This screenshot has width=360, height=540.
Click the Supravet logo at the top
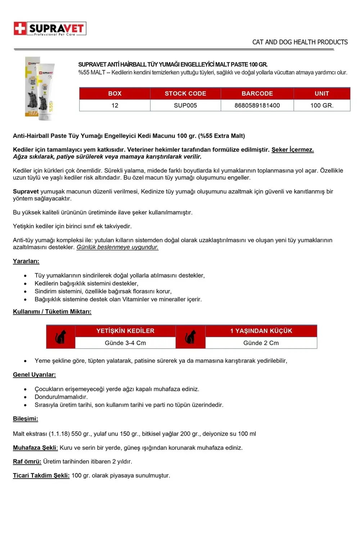pos(50,28)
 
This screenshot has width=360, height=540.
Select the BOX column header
pos(115,94)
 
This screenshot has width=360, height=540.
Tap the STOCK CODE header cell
pos(185,94)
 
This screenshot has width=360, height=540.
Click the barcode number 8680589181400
pos(257,105)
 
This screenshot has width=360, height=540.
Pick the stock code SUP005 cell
pos(185,105)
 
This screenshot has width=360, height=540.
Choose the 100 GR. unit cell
pos(322,105)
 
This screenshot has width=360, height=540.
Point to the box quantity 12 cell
pos(115,105)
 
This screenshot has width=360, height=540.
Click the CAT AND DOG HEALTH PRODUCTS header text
pos(300,42)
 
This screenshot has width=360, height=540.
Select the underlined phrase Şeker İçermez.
pos(292,150)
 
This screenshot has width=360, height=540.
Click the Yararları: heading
pos(26,261)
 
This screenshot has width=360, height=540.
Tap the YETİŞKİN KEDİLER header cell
pos(125,331)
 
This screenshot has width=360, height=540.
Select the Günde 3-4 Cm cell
pos(125,343)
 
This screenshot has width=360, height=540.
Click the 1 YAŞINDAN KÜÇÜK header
pos(261,331)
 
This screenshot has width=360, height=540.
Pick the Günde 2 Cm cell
pos(261,343)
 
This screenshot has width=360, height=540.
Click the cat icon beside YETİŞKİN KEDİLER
pos(60,337)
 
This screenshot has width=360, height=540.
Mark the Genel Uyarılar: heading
pos(34,375)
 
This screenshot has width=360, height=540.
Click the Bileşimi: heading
pos(25,419)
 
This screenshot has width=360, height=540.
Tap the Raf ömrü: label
pos(27,462)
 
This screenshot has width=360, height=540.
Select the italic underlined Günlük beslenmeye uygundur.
pos(117,247)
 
